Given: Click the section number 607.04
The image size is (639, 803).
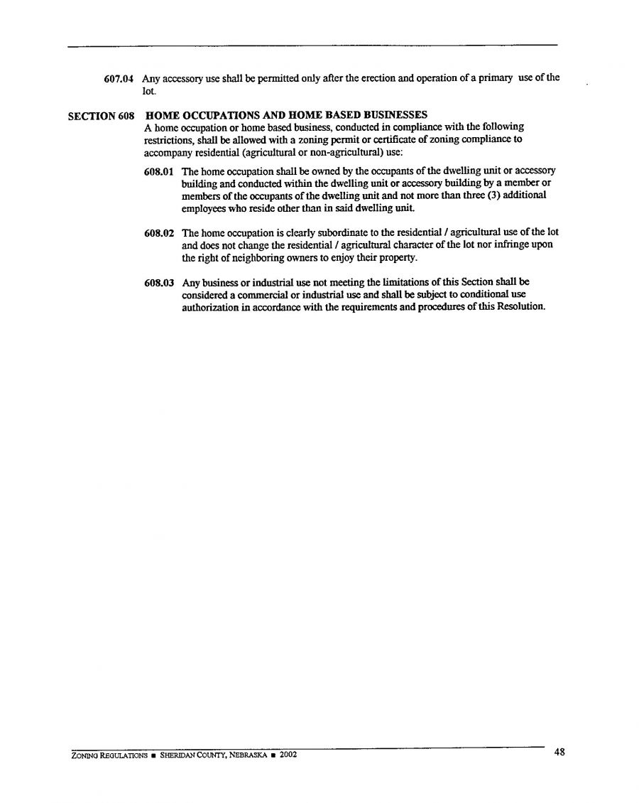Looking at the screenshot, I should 121,78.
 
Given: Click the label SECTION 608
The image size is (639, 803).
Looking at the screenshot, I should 101,116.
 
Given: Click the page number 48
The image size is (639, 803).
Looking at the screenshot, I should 559,752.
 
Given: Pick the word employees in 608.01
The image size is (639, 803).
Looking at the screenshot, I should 204,208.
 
